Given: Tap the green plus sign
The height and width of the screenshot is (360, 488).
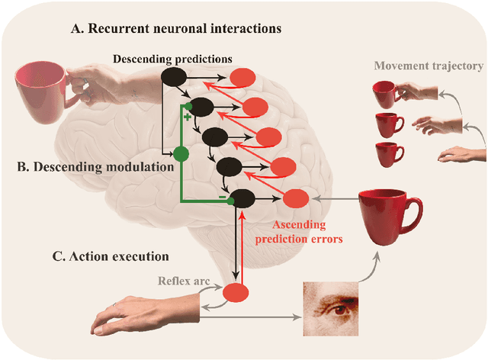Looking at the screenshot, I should (187, 118).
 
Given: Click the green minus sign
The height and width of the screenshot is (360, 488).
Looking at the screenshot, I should (222, 197).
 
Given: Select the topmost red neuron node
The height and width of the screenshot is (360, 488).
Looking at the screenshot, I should (245, 77).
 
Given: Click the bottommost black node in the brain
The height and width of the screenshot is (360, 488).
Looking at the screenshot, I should (243, 198).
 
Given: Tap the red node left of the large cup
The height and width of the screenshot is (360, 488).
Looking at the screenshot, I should (297, 198).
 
